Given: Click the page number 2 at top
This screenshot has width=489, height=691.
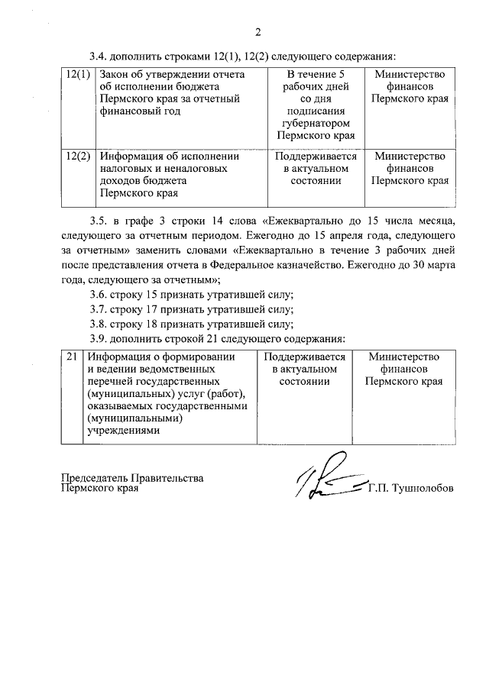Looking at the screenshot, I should coord(257,31).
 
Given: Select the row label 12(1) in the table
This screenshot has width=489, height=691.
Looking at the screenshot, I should coord(78,74).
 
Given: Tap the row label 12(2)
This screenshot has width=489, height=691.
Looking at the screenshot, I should coord(78,156).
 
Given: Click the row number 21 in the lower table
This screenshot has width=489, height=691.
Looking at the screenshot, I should coord(72,357).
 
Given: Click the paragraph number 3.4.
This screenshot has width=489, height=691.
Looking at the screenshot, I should coord(98,55).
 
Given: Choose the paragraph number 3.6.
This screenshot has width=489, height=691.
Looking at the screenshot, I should coord(98,295).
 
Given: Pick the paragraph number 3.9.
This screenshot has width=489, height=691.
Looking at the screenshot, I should coord(98,338).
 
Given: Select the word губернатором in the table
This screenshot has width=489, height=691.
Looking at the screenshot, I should coord(316,123).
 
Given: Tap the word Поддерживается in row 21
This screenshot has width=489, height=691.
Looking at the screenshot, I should coord(304,357).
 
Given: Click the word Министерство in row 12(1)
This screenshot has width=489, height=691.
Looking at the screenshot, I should coord(410,74).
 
